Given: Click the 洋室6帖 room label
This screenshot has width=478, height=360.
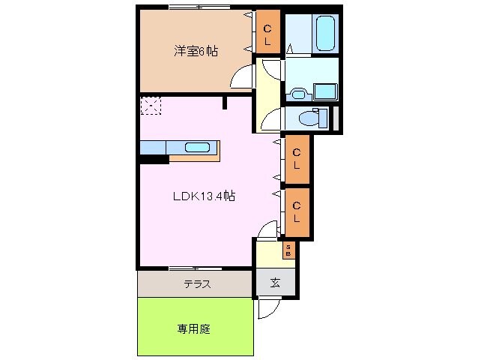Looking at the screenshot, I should click(196, 51).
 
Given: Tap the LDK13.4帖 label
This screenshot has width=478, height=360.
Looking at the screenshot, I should click(205, 196).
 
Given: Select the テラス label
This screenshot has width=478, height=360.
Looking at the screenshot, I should click(196, 284).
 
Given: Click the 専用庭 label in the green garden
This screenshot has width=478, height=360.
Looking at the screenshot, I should click(193, 328).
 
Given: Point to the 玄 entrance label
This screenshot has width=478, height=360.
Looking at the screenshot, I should click(275, 283).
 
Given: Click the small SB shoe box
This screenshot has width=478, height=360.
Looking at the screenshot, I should click(288, 250).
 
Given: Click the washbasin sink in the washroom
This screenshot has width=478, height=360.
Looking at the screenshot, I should click(299, 93).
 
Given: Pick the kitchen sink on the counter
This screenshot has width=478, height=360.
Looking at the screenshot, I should click(197, 147).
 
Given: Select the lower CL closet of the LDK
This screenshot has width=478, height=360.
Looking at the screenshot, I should click(297, 211).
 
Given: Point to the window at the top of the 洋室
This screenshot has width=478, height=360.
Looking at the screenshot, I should click(199, 7).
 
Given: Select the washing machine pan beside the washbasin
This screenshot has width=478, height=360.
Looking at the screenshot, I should click(325, 91).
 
